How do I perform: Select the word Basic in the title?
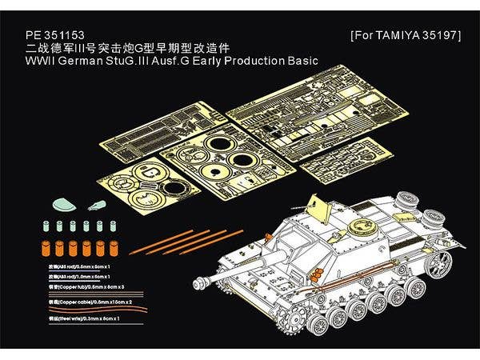click(300, 60)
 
